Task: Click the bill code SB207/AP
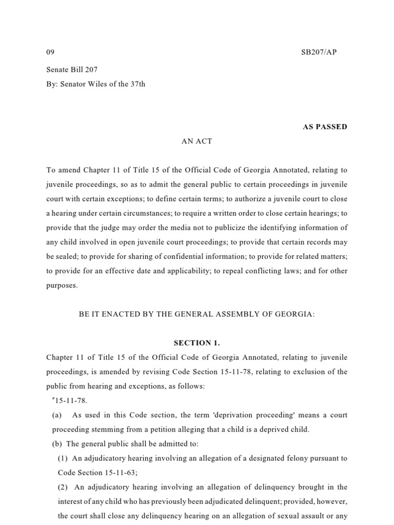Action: [x=319, y=52]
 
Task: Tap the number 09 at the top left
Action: [x=50, y=52]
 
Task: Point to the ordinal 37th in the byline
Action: [x=137, y=84]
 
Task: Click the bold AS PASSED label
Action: [x=325, y=127]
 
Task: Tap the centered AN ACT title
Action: [x=196, y=142]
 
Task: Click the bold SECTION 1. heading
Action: [x=196, y=343]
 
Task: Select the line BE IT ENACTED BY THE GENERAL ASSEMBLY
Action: [x=196, y=314]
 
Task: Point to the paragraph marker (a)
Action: [x=57, y=415]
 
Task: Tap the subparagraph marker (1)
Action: [x=63, y=458]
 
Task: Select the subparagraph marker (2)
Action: [x=63, y=487]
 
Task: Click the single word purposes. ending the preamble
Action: [x=62, y=286]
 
